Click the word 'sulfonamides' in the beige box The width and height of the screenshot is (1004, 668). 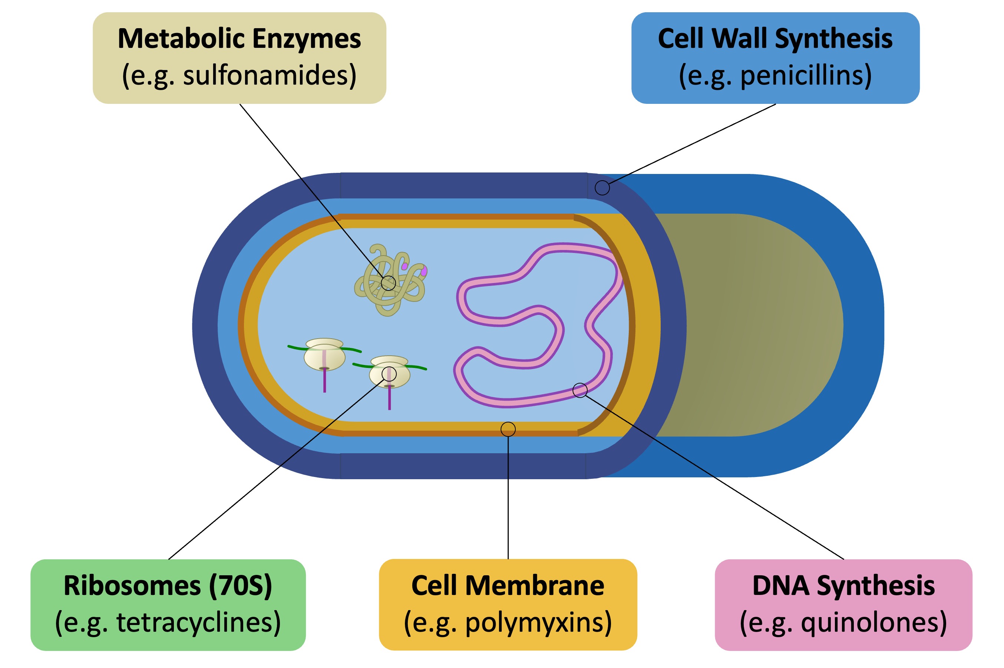pyautogui.click(x=269, y=75)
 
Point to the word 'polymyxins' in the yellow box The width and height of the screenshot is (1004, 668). pyautogui.click(x=538, y=622)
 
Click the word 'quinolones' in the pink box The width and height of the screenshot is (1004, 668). pyautogui.click(x=873, y=622)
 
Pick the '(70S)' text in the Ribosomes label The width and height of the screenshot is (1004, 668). pyautogui.click(x=240, y=586)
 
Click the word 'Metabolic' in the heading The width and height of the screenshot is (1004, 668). pyautogui.click(x=181, y=39)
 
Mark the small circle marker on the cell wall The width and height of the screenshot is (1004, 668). pyautogui.click(x=602, y=187)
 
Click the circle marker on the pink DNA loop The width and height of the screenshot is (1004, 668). pyautogui.click(x=579, y=390)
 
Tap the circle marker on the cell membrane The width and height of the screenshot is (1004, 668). pyautogui.click(x=508, y=429)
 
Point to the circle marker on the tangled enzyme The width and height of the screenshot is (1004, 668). pyautogui.click(x=388, y=283)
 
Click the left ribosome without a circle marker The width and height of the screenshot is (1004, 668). pyautogui.click(x=324, y=356)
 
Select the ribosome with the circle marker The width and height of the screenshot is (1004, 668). pyautogui.click(x=389, y=373)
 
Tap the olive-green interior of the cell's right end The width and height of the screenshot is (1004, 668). pyautogui.click(x=749, y=324)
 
